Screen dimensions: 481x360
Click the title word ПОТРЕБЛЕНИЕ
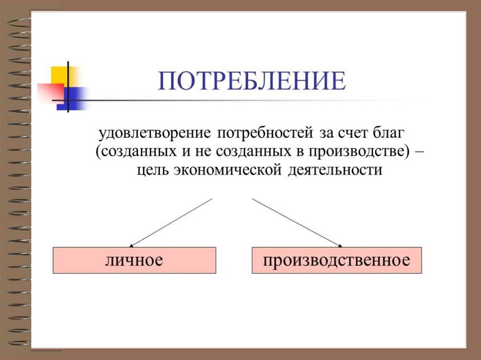coord(252,81)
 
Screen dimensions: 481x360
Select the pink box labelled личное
coord(134,260)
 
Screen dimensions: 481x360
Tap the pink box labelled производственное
coord(336,260)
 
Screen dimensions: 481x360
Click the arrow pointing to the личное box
coord(171,222)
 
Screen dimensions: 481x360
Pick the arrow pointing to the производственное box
coord(296,222)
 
